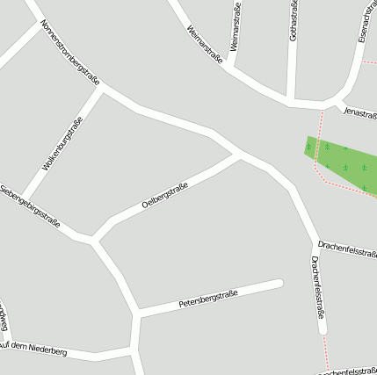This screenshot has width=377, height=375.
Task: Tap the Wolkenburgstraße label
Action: click(62, 142)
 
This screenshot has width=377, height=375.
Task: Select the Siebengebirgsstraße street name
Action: click(30, 207)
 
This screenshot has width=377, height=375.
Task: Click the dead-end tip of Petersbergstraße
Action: click(279, 283)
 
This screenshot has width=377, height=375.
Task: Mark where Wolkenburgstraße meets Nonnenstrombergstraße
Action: click(104, 88)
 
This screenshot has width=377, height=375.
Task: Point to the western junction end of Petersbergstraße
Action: click(138, 314)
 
